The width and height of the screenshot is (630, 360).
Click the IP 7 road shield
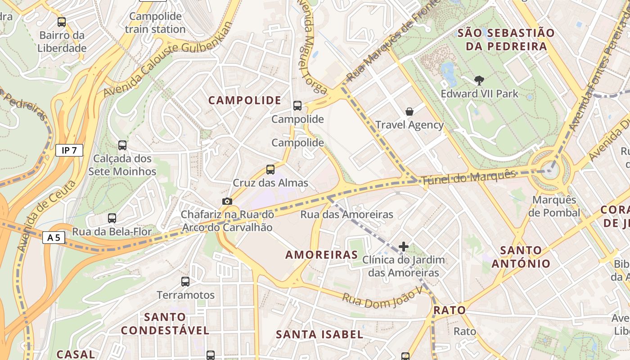tap(69, 150)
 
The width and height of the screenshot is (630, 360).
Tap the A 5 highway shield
tap(54, 237)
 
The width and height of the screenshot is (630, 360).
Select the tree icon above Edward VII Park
tap(479, 81)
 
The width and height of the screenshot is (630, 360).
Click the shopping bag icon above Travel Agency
tap(409, 112)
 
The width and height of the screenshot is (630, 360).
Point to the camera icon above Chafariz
tap(227, 201)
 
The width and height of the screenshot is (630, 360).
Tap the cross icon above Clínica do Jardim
tap(404, 247)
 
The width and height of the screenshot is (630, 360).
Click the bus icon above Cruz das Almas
tap(270, 169)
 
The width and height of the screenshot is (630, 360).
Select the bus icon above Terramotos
tap(185, 282)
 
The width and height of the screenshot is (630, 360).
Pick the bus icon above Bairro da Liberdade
tap(62, 22)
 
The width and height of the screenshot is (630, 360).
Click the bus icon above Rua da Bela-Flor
tap(112, 218)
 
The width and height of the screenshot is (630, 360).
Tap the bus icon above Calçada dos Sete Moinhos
tap(122, 145)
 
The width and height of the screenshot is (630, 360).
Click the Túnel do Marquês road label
tap(468, 177)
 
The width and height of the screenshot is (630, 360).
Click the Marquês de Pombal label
tap(554, 206)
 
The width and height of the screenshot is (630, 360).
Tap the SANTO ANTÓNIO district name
tap(521, 257)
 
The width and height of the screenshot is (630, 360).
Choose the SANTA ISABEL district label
tap(319, 334)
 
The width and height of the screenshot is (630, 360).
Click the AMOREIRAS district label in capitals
tap(322, 255)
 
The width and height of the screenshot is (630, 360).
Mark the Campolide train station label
tap(155, 23)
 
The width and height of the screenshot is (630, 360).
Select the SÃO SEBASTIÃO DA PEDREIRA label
tap(506, 39)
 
